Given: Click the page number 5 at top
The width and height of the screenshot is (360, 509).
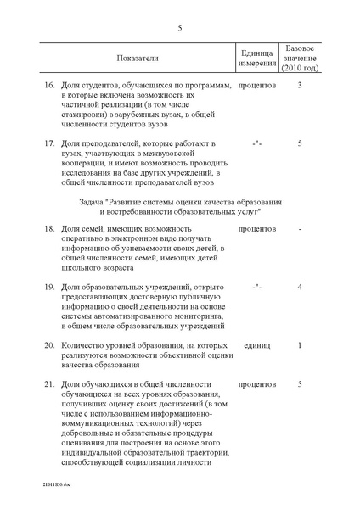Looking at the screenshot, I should click(x=180, y=28).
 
